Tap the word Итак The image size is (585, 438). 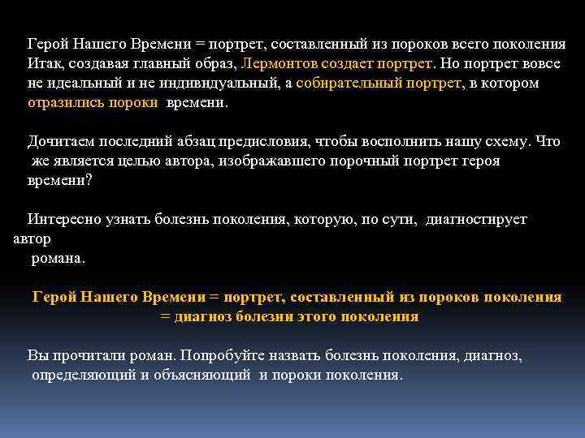(x=43, y=63)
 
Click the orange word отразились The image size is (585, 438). (x=61, y=103)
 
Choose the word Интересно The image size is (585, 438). (x=63, y=219)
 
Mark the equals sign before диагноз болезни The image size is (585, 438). (x=166, y=316)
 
